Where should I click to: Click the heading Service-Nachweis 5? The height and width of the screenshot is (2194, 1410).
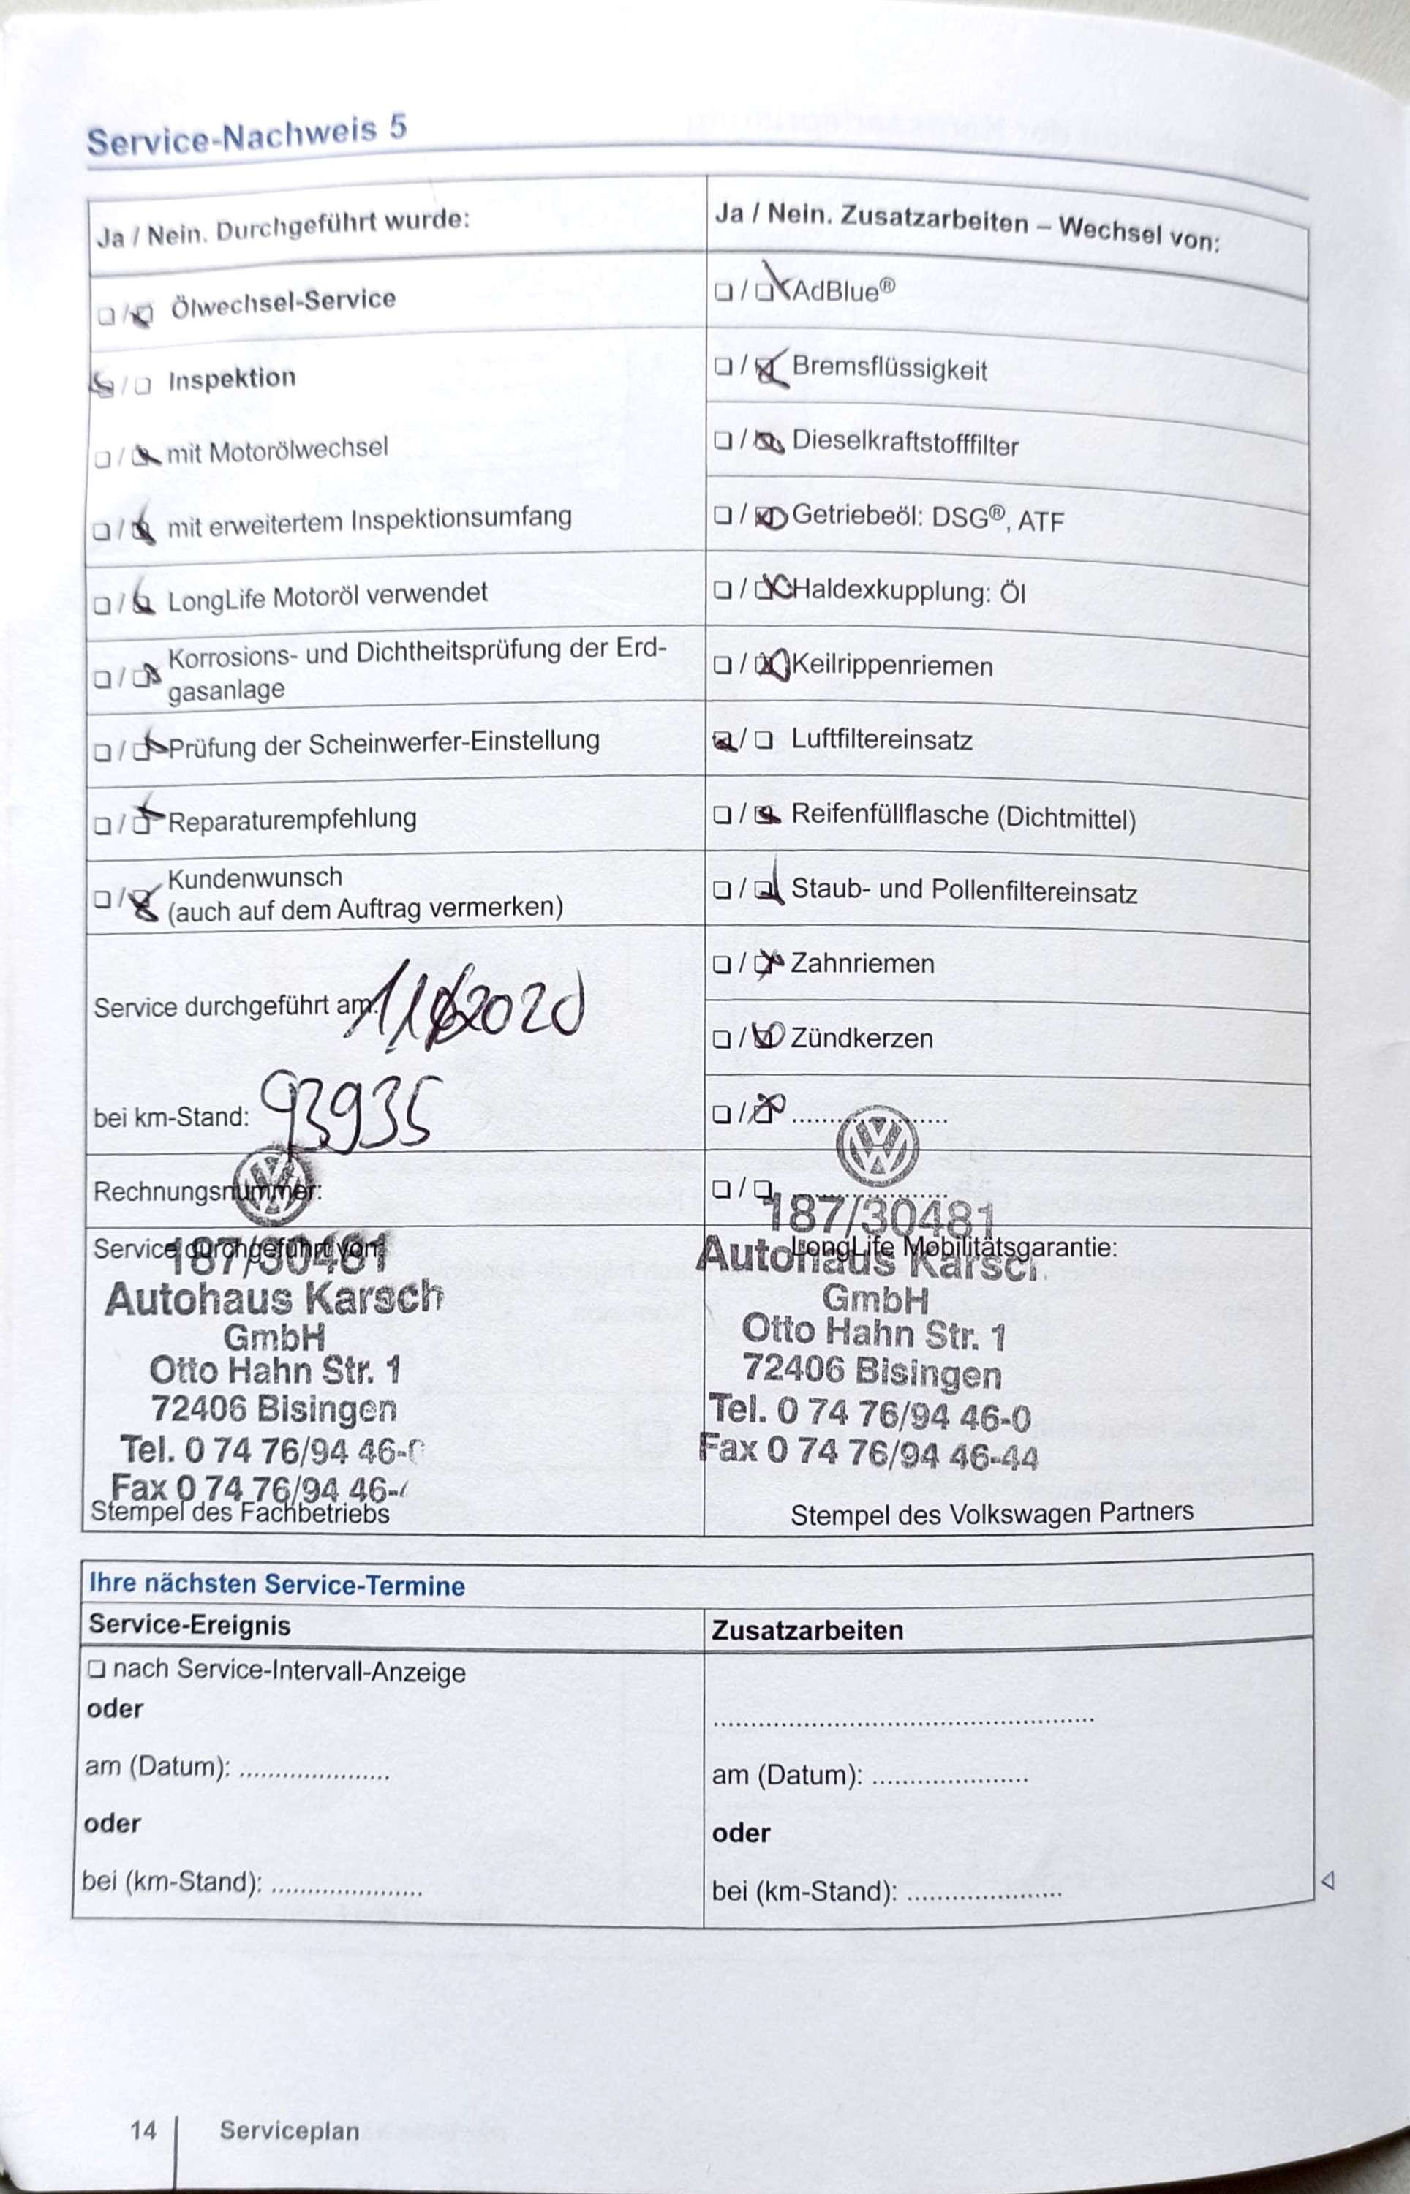click(246, 136)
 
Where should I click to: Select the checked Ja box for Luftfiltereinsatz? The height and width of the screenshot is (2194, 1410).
click(723, 742)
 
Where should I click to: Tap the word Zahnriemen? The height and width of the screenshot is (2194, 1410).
click(862, 963)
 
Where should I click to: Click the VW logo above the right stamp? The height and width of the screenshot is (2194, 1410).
click(877, 1146)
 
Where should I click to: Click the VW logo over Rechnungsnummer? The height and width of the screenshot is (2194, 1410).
click(272, 1185)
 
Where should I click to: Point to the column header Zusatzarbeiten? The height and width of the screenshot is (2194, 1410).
click(807, 1629)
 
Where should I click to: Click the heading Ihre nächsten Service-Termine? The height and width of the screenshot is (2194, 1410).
click(276, 1584)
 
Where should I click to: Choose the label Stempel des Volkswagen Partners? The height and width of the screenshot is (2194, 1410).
click(992, 1513)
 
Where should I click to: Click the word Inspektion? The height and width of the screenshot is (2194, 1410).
click(232, 378)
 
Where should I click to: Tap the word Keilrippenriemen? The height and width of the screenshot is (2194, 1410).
click(891, 666)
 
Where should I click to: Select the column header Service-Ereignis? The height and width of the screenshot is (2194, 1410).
click(189, 1625)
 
